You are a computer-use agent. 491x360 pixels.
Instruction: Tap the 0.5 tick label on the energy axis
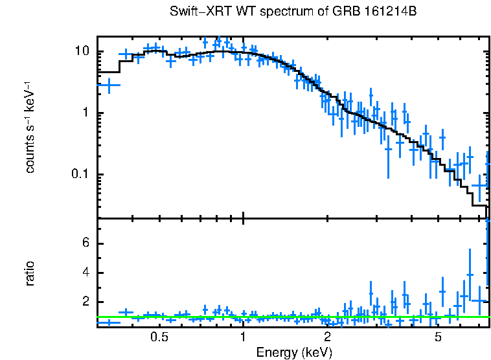[159, 337]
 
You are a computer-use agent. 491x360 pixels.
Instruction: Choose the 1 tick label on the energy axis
[243, 337]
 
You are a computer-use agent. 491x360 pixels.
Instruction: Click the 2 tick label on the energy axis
[328, 337]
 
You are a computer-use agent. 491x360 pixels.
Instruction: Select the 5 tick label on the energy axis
[439, 337]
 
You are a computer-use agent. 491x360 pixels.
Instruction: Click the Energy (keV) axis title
[294, 352]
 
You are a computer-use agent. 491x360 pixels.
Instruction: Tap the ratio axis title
[30, 273]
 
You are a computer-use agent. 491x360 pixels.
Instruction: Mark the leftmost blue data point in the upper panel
[109, 85]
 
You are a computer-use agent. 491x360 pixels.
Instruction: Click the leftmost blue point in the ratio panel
[109, 322]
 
